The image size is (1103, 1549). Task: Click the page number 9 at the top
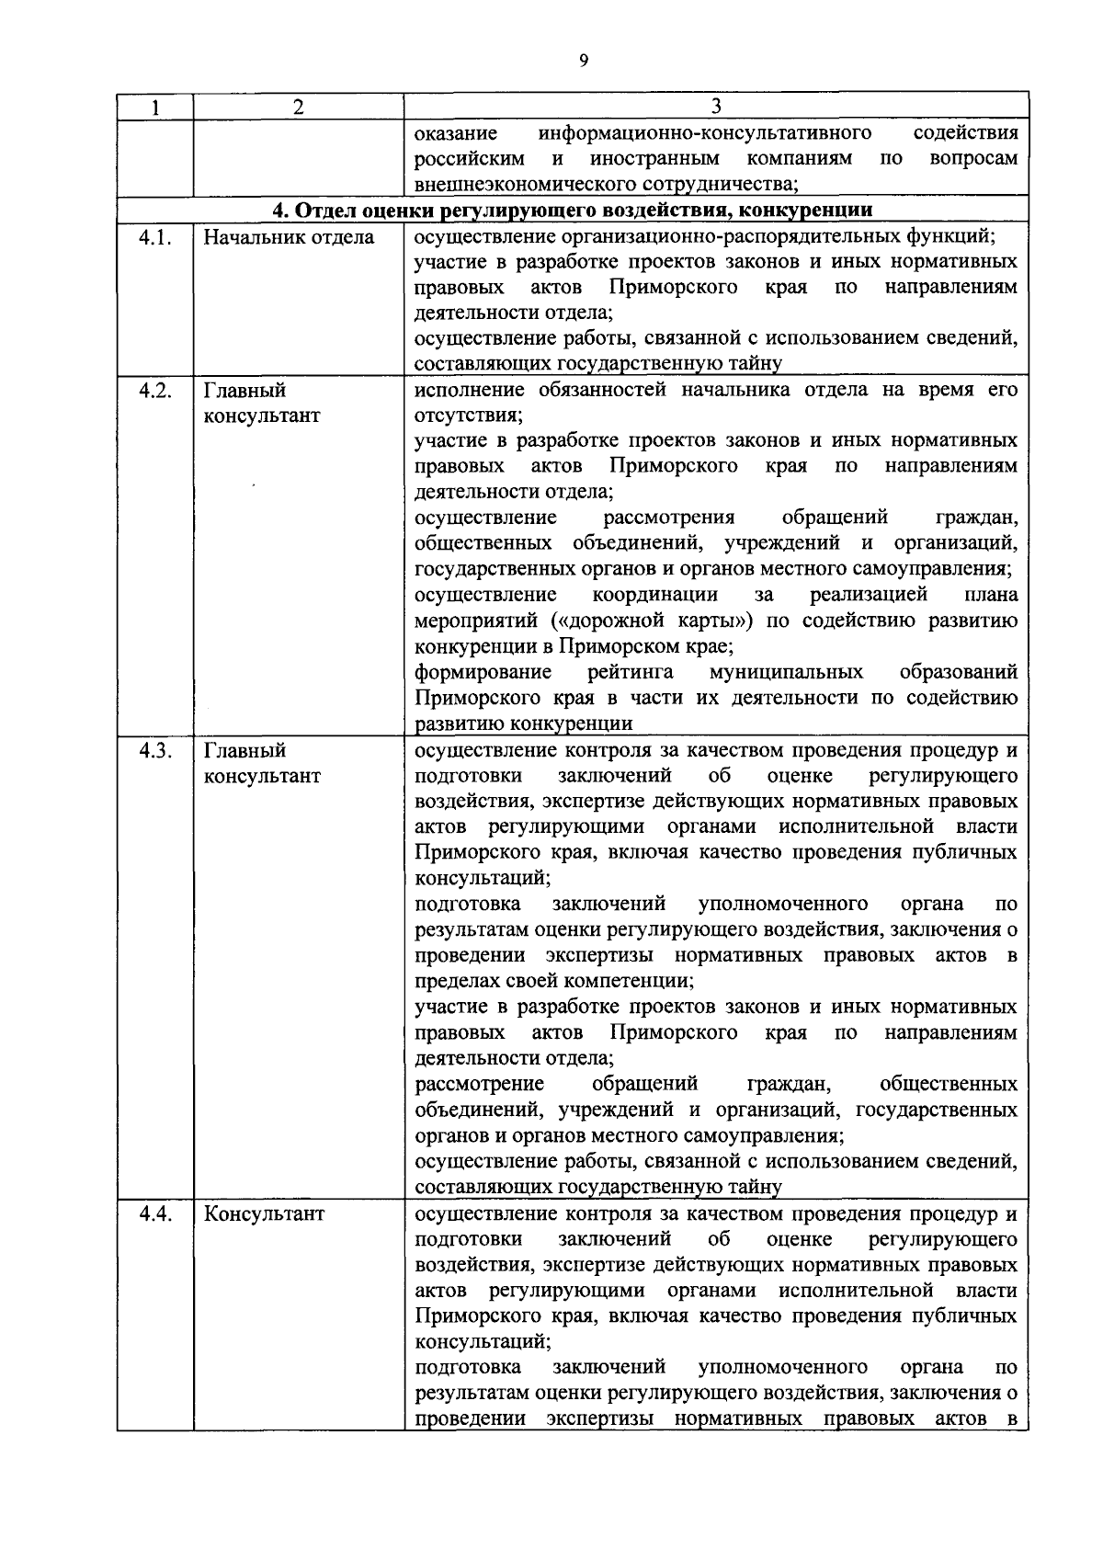tap(584, 60)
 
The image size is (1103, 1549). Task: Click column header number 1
tap(155, 108)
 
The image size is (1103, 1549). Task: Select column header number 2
tap(298, 108)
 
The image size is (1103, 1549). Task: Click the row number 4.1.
tap(155, 238)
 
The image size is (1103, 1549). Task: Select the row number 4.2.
tap(155, 390)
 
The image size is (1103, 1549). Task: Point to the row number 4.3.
tap(155, 750)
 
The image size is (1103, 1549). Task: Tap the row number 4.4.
tap(155, 1213)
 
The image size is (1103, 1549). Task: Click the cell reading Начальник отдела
tap(289, 238)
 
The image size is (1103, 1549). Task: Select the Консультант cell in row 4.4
tap(264, 1213)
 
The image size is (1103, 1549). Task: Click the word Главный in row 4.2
tap(244, 390)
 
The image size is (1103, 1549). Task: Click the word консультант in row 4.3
tap(262, 776)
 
